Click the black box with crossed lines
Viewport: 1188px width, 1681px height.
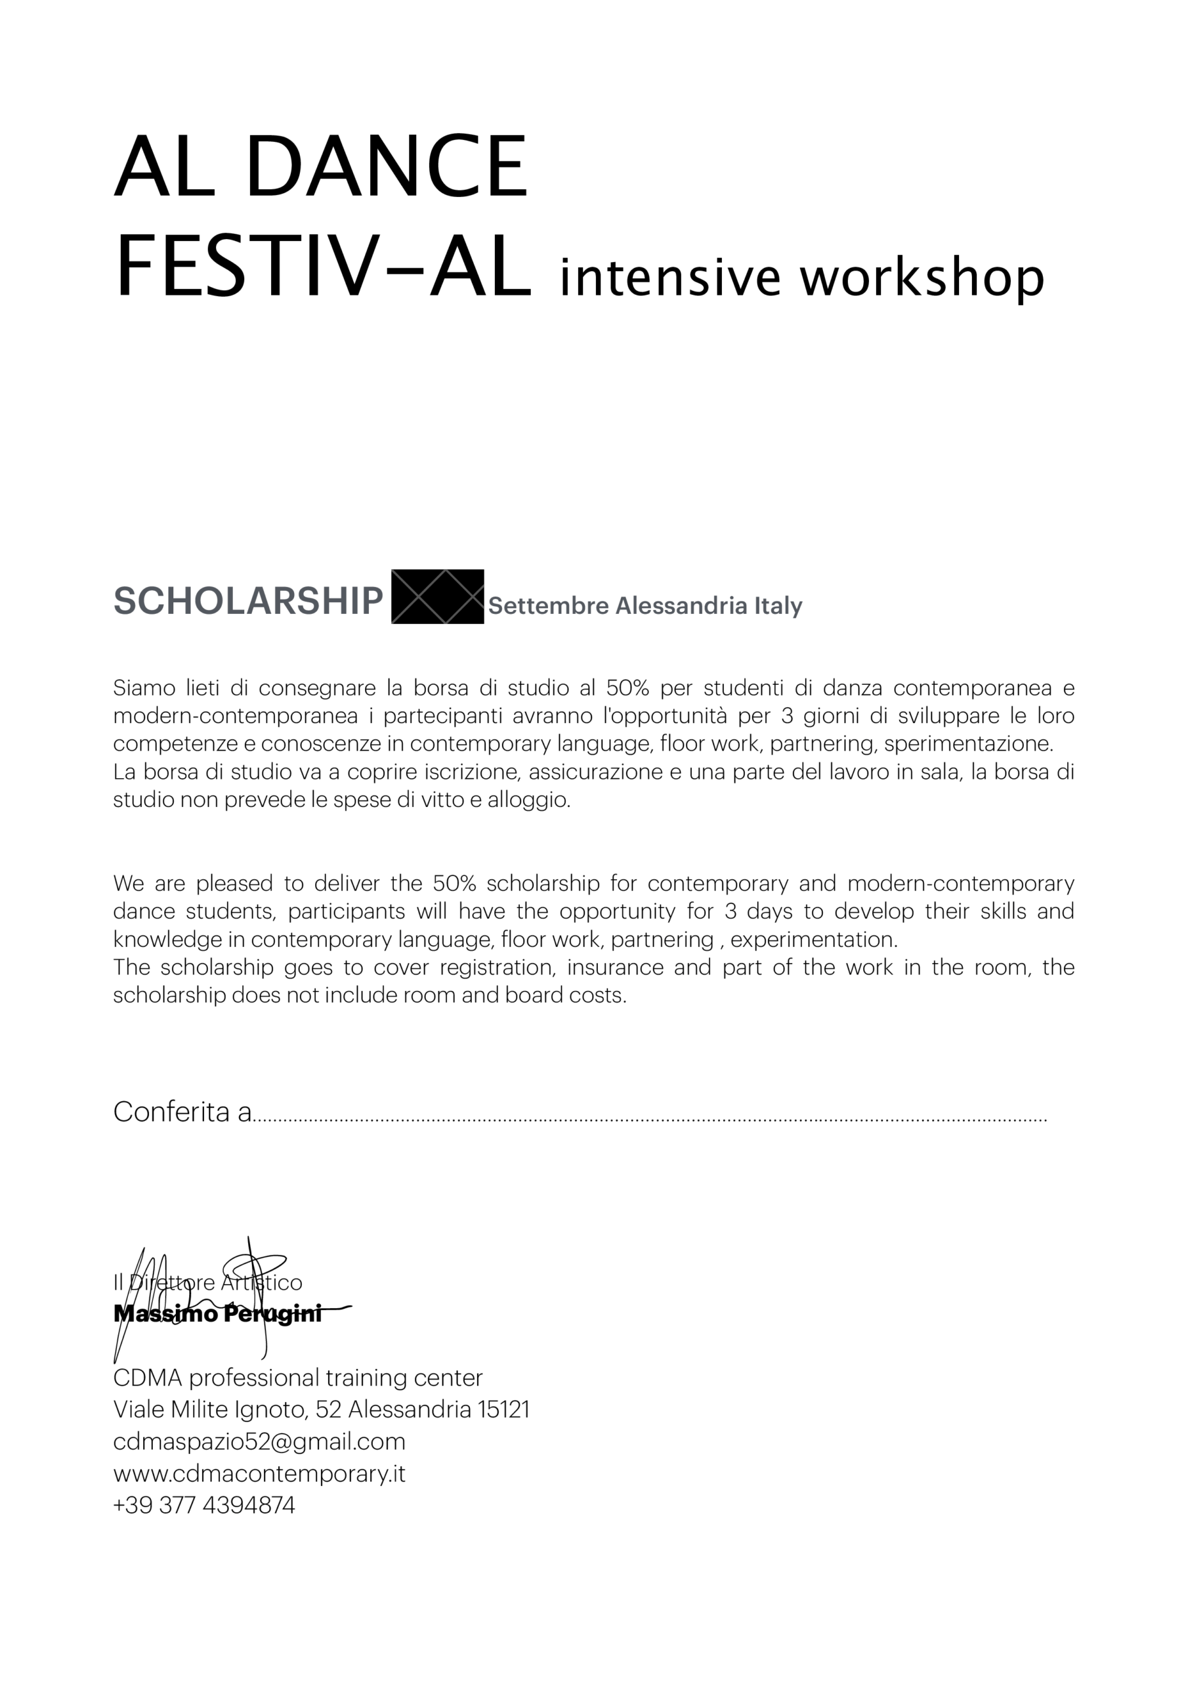(x=437, y=597)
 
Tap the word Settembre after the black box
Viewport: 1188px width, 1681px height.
(x=548, y=605)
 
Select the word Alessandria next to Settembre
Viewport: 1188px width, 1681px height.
(x=671, y=605)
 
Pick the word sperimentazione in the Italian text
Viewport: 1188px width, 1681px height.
(x=967, y=744)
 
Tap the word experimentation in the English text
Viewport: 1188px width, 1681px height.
(x=813, y=940)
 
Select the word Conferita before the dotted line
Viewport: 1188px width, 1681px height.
(x=172, y=1112)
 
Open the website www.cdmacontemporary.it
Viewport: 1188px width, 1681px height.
(x=259, y=1473)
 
